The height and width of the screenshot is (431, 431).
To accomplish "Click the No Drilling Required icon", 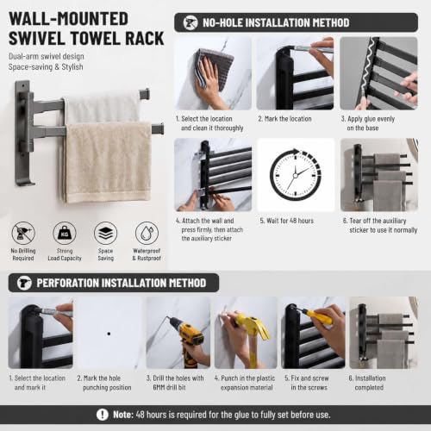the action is pyautogui.click(x=23, y=233).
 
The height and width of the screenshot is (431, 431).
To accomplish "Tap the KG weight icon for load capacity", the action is pyautogui.click(x=65, y=233).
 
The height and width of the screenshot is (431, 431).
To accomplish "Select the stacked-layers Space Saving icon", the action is pyautogui.click(x=106, y=233).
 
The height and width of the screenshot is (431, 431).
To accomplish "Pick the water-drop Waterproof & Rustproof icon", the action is pyautogui.click(x=147, y=233).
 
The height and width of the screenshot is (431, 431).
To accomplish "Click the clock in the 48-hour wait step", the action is pyautogui.click(x=296, y=175).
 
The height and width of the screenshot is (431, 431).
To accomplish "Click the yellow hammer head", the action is pyautogui.click(x=253, y=322).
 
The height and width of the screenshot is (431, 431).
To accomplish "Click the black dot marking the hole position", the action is pyautogui.click(x=109, y=334).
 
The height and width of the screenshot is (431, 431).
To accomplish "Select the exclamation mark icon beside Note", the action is pyautogui.click(x=103, y=415).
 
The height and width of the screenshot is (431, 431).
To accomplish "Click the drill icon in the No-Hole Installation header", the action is pyautogui.click(x=191, y=22).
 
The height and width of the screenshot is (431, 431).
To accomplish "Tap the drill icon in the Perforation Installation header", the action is pyautogui.click(x=24, y=283).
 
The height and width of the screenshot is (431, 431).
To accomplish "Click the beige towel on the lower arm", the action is pyautogui.click(x=107, y=162).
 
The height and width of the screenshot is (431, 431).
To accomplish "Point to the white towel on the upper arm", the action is pyautogui.click(x=103, y=107).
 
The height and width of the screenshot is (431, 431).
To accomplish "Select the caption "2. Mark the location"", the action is pyautogui.click(x=284, y=119).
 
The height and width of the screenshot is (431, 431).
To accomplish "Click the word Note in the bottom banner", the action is pyautogui.click(x=123, y=415).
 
